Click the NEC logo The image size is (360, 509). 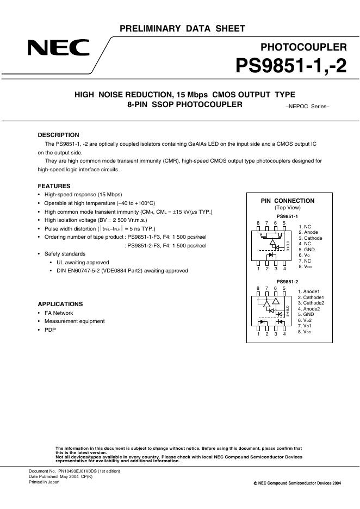59,48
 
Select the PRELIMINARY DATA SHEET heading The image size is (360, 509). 182,29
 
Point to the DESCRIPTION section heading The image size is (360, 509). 58,135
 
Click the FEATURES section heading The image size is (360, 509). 54,186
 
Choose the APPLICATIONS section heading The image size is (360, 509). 60,304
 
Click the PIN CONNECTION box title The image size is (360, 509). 288,201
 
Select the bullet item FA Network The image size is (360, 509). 59,313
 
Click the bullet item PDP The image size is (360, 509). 50,330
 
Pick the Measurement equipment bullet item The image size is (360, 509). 75,321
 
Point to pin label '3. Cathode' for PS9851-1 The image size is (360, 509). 310,238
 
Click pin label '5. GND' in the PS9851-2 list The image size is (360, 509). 306,314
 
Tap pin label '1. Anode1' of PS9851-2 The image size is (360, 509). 309,291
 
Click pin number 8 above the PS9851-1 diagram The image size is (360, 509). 258,223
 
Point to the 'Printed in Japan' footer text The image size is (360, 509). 44,482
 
